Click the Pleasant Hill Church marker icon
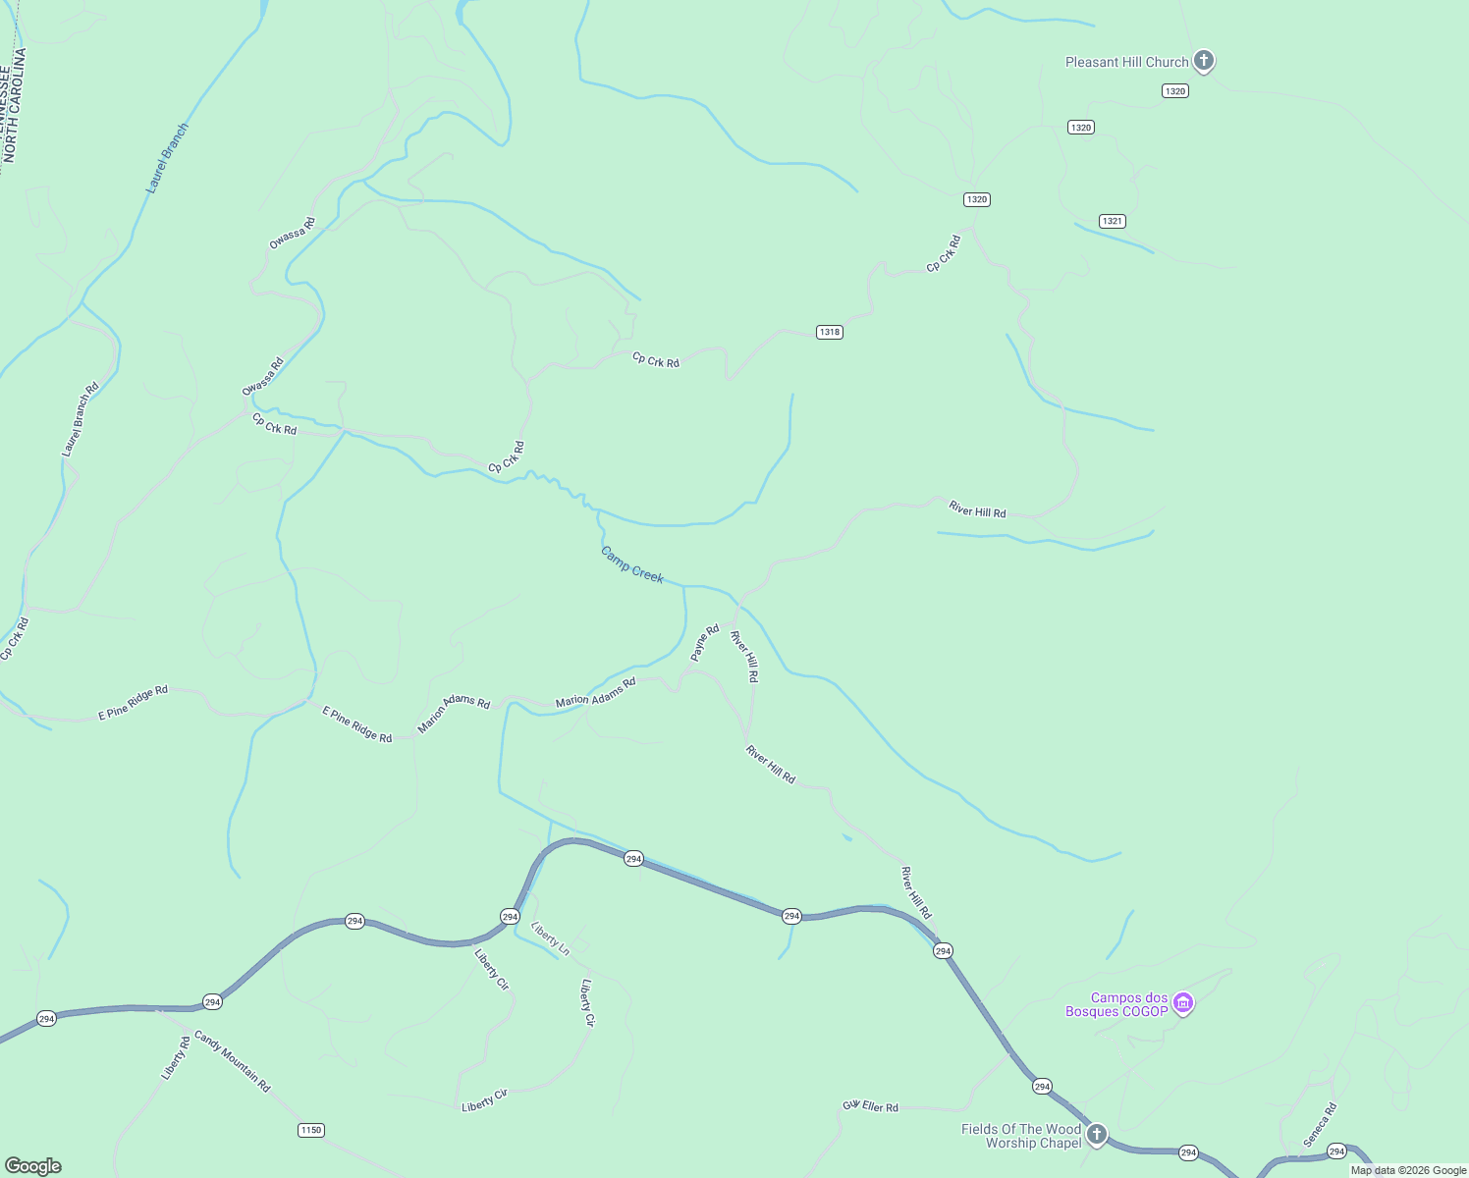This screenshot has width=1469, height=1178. click(1204, 61)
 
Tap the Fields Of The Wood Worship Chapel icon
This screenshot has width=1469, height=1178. click(1097, 1135)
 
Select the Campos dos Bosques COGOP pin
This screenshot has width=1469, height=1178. click(1184, 1003)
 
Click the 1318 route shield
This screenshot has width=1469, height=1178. click(830, 332)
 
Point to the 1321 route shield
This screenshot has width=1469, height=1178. click(1112, 221)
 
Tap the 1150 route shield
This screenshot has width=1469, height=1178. click(310, 1130)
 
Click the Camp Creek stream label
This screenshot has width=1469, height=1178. click(632, 564)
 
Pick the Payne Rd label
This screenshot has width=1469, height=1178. click(705, 643)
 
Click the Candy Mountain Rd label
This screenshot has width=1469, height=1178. click(232, 1061)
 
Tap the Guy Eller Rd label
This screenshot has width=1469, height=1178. click(870, 1106)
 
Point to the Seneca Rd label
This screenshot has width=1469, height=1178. click(1320, 1125)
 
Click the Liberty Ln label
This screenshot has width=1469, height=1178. click(550, 938)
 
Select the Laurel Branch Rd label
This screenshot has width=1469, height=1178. click(81, 419)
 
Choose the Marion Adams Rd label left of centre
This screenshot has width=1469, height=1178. click(454, 715)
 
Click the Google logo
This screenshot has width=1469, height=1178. click(33, 1166)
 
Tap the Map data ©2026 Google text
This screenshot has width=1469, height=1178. click(1407, 1170)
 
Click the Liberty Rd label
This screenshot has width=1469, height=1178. click(176, 1058)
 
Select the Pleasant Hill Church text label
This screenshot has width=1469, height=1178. click(1126, 62)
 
